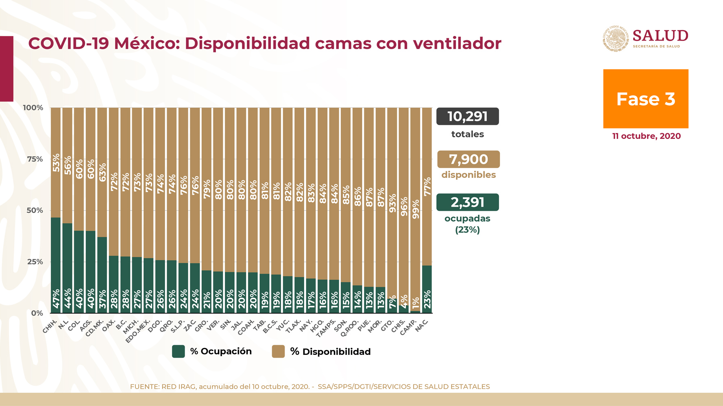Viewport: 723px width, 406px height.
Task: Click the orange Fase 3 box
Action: [645, 99]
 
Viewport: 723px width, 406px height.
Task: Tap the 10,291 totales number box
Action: [467, 117]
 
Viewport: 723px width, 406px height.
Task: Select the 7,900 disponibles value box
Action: [468, 159]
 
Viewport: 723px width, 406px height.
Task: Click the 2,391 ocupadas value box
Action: [467, 202]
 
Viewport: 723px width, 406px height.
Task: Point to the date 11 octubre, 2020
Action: [646, 136]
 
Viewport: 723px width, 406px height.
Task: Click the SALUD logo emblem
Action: [616, 39]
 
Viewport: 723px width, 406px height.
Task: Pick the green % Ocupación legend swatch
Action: [178, 351]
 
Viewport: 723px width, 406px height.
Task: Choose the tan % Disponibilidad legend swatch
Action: [278, 351]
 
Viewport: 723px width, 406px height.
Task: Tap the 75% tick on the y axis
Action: [35, 159]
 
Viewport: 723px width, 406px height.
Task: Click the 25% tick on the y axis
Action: [35, 262]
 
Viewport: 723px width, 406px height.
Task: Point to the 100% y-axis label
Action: [33, 108]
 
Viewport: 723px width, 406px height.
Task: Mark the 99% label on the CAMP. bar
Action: [415, 209]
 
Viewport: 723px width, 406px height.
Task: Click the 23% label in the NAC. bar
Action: [427, 300]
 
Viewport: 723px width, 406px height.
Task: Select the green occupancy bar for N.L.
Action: [67, 268]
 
